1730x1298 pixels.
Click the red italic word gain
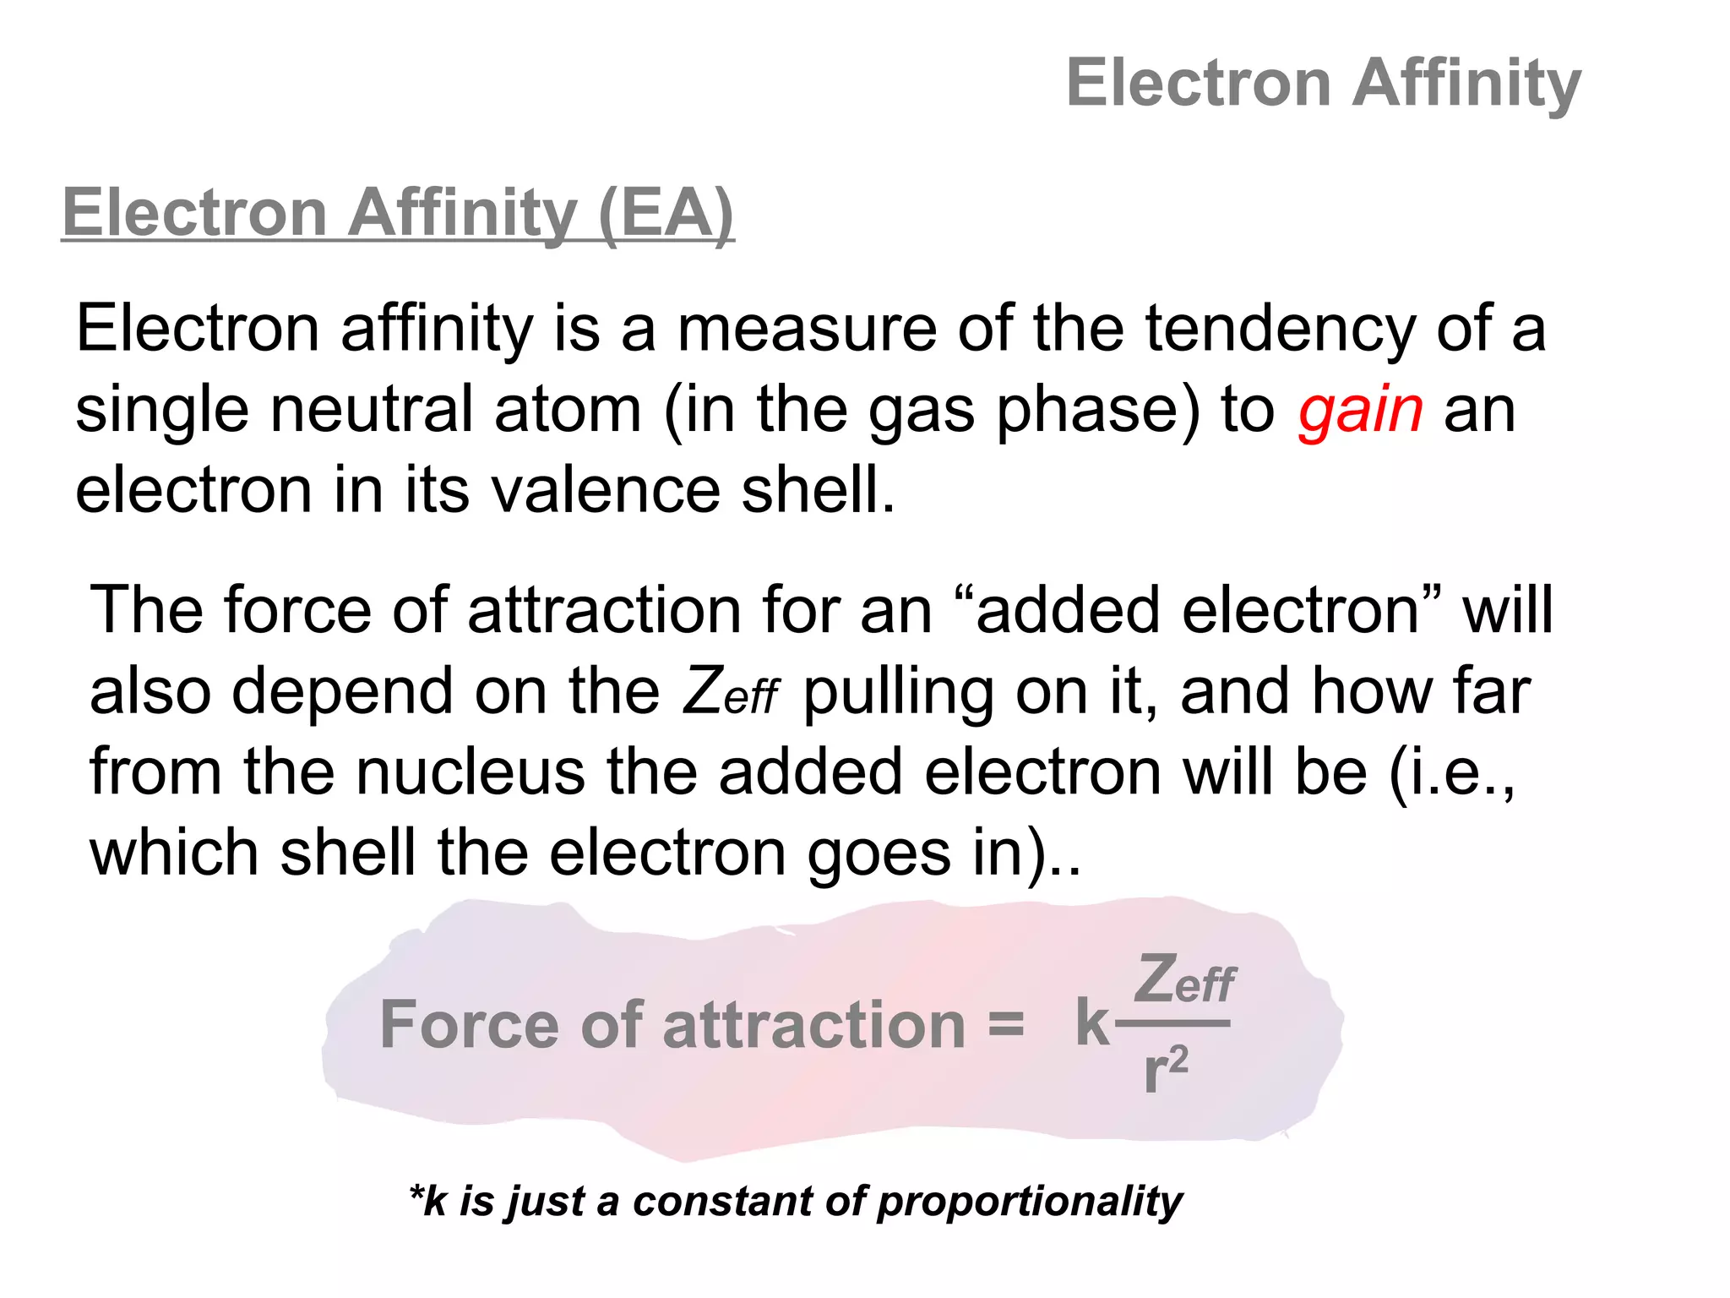click(x=1361, y=411)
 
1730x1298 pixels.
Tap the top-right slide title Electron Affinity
click(x=1323, y=83)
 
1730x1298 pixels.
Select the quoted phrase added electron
click(x=1198, y=610)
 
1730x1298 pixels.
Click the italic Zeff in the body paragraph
click(x=730, y=692)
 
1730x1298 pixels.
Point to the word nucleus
click(x=470, y=772)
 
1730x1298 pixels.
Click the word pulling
click(x=898, y=692)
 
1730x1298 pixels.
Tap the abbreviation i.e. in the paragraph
click(x=1451, y=772)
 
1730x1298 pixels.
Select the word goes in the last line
click(x=879, y=854)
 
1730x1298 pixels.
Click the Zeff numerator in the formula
click(x=1184, y=980)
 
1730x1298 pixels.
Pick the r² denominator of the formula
click(x=1166, y=1070)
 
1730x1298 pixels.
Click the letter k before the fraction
click(x=1092, y=1024)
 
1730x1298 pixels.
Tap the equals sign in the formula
click(x=1005, y=1024)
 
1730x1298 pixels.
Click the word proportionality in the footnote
click(x=1030, y=1201)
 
